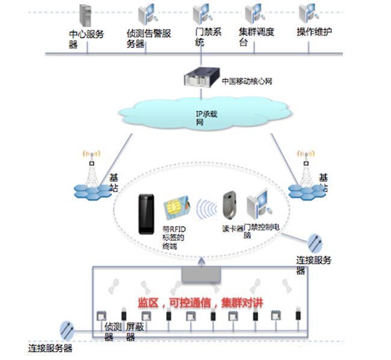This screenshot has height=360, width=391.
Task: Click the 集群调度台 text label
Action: (x=256, y=38)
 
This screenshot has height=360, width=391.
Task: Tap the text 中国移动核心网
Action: (x=247, y=80)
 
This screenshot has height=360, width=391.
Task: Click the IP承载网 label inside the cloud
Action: (x=200, y=118)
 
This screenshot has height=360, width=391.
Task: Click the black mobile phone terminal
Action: (x=145, y=214)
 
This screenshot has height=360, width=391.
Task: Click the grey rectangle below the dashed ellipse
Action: (x=202, y=274)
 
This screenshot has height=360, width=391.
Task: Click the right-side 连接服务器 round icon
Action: (x=315, y=242)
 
